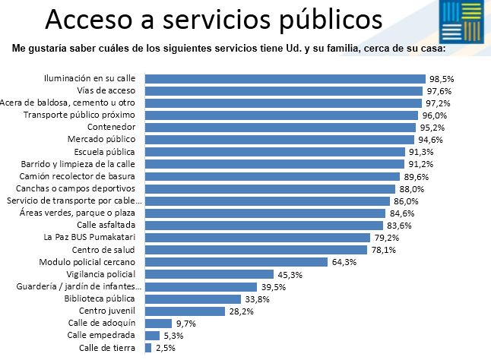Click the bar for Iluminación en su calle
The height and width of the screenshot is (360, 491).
coord(284,78)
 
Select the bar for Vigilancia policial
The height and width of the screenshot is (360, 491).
coord(209,274)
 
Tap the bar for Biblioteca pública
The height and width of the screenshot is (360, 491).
coord(192,298)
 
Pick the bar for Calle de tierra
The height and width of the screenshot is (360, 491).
coord(148,348)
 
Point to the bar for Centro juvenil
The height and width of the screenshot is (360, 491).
coord(185,311)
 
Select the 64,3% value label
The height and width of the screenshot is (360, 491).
coord(341,262)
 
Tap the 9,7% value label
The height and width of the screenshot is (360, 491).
coord(185,324)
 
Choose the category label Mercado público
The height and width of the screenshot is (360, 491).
coord(101,140)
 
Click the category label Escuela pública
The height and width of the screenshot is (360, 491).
coord(104,152)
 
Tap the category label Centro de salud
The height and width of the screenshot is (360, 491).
coord(103,250)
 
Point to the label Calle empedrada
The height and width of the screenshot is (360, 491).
coord(101,336)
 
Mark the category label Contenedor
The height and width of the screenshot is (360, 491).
coord(112,128)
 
